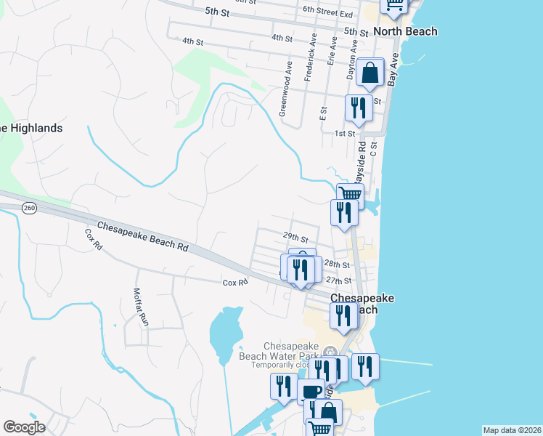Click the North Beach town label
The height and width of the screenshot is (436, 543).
[x=405, y=31]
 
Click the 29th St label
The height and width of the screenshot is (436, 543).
[x=295, y=238]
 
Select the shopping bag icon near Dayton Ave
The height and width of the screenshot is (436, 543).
[x=370, y=73]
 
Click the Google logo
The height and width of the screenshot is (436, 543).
[x=24, y=427]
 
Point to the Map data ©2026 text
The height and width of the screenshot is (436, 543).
[x=512, y=430]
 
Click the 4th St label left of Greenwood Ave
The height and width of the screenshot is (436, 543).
[x=192, y=43]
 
